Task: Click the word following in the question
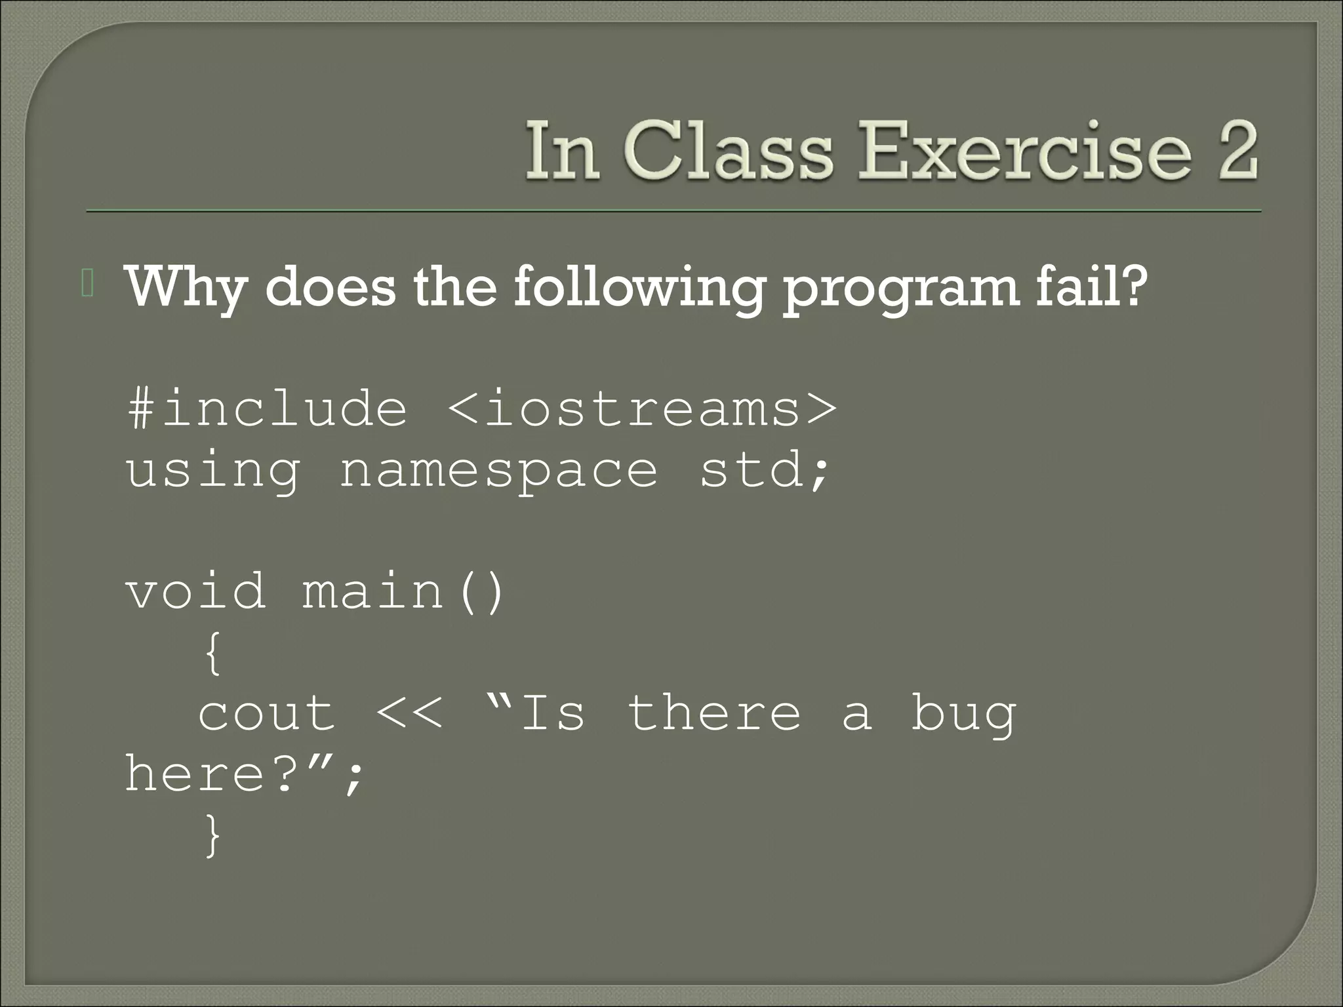click(x=639, y=288)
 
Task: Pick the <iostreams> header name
click(x=642, y=408)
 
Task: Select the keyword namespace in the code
click(x=498, y=471)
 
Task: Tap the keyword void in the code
click(x=195, y=591)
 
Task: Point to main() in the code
click(x=403, y=591)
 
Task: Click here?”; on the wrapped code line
click(x=243, y=774)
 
